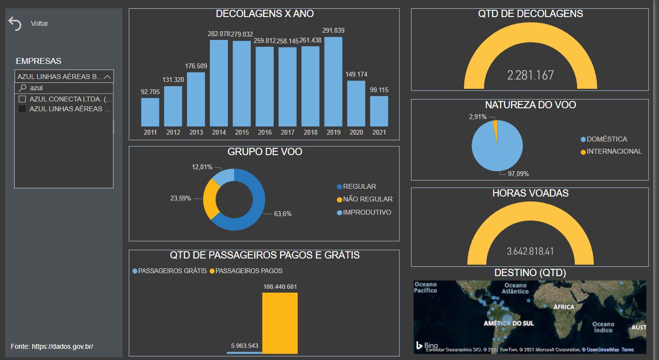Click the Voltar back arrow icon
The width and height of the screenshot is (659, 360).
15,23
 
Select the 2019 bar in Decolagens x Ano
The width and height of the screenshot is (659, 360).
333,82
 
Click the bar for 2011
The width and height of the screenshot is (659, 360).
150,112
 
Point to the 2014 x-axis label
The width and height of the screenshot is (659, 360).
219,132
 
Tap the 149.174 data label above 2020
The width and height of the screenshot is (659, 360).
356,74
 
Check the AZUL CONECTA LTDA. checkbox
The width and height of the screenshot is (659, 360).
22,99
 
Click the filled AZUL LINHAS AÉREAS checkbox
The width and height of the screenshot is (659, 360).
22,109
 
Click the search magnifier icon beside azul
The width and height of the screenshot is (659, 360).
22,88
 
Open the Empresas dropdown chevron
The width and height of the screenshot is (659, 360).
107,77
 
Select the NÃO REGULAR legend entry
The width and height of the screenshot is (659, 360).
365,199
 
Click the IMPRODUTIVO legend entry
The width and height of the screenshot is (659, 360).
364,212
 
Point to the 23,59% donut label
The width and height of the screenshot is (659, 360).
180,198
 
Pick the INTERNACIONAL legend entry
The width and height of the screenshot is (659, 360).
611,152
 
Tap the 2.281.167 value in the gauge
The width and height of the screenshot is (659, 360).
530,75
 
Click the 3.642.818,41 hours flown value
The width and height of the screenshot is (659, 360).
530,251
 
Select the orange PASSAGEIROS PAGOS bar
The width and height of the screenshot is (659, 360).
280,323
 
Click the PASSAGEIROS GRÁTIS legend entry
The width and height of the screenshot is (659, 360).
170,271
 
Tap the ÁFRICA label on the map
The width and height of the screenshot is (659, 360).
564,307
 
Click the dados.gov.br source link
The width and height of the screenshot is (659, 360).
62,346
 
